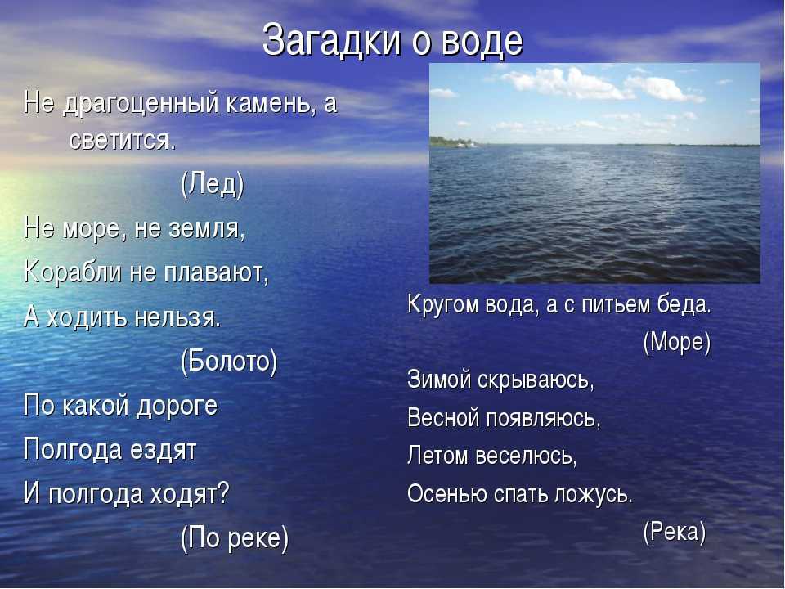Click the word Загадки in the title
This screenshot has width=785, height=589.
[331, 40]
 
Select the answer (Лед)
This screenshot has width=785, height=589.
[213, 185]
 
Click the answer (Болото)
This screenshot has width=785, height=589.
[229, 361]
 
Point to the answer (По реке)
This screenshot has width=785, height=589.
[235, 538]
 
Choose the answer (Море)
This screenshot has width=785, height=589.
[677, 343]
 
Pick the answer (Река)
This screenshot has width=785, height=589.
[675, 532]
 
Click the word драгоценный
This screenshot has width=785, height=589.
[141, 105]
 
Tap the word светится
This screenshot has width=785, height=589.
[123, 141]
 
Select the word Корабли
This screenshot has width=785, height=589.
[73, 273]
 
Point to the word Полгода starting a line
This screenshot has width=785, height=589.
[73, 450]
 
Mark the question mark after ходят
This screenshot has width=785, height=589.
[222, 492]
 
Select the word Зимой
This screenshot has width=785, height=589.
[439, 379]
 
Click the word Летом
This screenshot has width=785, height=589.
[437, 456]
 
